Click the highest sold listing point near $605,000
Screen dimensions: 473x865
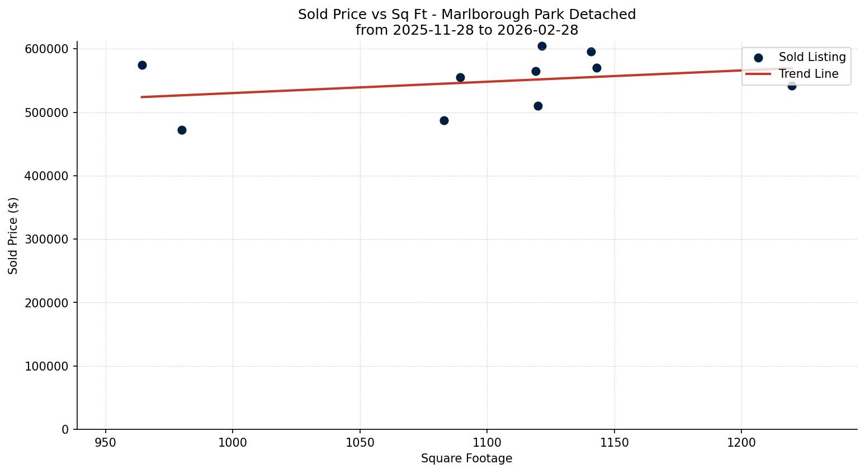point(542,46)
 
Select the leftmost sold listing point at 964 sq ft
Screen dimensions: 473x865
point(142,65)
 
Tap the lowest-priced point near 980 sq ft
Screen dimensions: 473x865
point(182,130)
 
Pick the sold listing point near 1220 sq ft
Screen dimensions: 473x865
point(792,86)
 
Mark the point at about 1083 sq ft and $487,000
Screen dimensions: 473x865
point(444,120)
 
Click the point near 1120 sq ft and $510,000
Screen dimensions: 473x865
point(538,106)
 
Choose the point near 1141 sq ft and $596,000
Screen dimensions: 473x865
point(591,51)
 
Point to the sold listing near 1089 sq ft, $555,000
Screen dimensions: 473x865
point(460,77)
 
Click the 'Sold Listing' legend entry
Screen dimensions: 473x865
point(812,57)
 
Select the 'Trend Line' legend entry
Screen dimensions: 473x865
point(809,74)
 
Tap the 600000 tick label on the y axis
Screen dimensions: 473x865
point(47,49)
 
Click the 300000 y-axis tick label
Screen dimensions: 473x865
point(47,240)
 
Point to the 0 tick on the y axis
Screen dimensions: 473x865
point(66,429)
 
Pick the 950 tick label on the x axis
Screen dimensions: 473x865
point(106,443)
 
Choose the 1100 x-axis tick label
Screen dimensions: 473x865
point(487,443)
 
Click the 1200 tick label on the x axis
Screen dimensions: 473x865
point(741,443)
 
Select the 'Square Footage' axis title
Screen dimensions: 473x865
point(466,458)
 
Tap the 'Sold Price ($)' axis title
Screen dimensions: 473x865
point(13,236)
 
